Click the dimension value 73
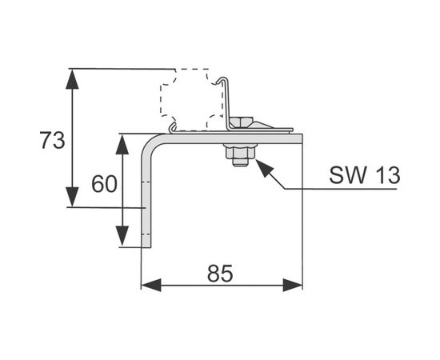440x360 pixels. click(x=52, y=140)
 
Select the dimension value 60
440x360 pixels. click(x=104, y=183)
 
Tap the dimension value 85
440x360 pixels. click(x=220, y=273)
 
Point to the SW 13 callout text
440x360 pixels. click(x=365, y=175)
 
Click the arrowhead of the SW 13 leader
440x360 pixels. click(x=264, y=167)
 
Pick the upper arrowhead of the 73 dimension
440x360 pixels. click(x=72, y=79)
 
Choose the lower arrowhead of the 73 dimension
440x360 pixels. click(x=72, y=197)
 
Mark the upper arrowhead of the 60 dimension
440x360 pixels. click(x=122, y=144)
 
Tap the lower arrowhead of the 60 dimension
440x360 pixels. click(x=122, y=236)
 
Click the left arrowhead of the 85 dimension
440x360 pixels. click(x=151, y=285)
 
